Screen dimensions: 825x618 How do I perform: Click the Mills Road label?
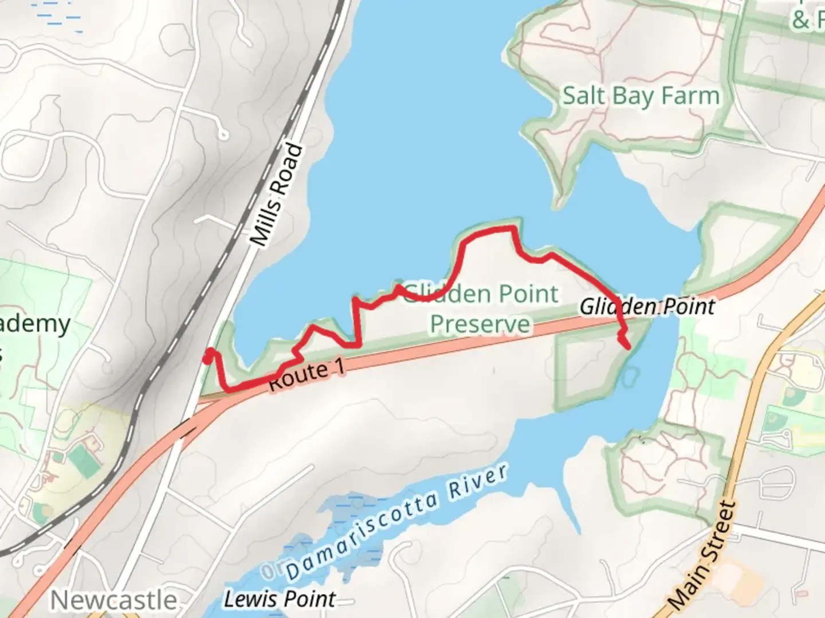click(x=278, y=195)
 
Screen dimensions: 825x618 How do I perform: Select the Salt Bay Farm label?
click(x=641, y=96)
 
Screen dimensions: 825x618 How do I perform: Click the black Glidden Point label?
click(x=647, y=307)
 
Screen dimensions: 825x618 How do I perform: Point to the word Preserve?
click(x=480, y=324)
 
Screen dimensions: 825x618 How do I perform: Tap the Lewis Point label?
click(x=279, y=599)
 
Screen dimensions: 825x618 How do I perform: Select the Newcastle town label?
click(x=113, y=600)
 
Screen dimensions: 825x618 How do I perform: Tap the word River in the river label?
click(x=478, y=481)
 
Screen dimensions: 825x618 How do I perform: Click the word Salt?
click(x=584, y=96)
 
